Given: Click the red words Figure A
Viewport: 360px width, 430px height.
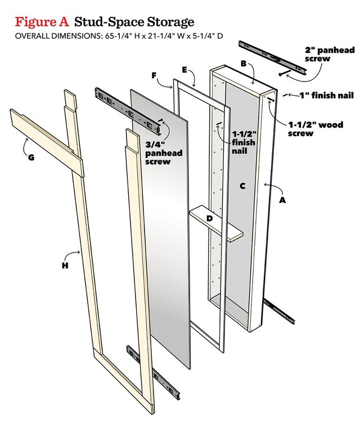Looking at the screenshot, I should click(x=42, y=22).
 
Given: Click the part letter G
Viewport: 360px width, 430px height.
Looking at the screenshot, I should click(x=31, y=157).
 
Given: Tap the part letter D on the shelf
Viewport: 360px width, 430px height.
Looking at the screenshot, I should click(x=209, y=217).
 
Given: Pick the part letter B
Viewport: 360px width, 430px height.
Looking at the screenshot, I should click(x=244, y=64).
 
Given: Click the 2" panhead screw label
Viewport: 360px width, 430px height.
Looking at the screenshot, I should click(x=330, y=54).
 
